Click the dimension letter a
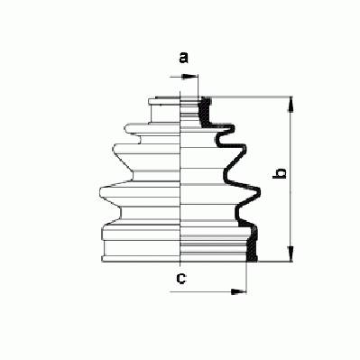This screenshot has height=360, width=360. tap(183, 58)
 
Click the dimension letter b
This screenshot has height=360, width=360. tap(280, 174)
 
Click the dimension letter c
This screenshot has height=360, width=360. tap(181, 279)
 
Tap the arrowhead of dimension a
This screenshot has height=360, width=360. tap(189, 78)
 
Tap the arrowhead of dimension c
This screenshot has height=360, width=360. tap(238, 291)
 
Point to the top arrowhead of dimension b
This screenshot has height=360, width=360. tap(291, 105)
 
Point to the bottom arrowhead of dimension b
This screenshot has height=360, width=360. tap(291, 254)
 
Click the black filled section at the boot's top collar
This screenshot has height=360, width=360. tap(206, 111)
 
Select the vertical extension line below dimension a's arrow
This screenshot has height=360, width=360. tap(198, 86)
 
